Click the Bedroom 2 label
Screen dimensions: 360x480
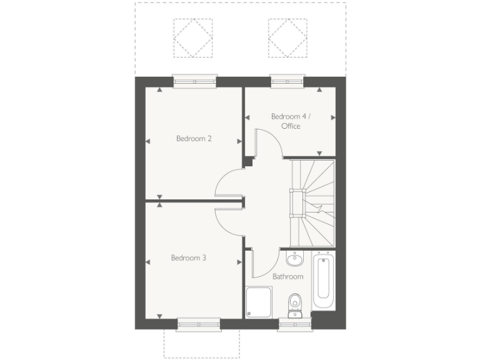pyautogui.click(x=193, y=139)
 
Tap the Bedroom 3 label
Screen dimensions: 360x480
pyautogui.click(x=189, y=257)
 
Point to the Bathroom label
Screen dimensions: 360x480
pyautogui.click(x=287, y=276)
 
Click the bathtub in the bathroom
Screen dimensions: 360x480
pyautogui.click(x=324, y=281)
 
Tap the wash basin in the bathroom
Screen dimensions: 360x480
pyautogui.click(x=294, y=258)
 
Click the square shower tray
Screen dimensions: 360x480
pyautogui.click(x=259, y=302)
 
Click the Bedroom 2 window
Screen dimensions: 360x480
pyautogui.click(x=195, y=81)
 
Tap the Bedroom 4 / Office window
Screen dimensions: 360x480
pyautogui.click(x=287, y=81)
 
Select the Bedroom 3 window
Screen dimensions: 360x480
pyautogui.click(x=199, y=324)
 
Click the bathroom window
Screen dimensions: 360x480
pyautogui.click(x=294, y=324)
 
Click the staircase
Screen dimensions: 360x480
pyautogui.click(x=312, y=203)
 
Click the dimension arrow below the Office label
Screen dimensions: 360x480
pyautogui.click(x=319, y=152)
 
